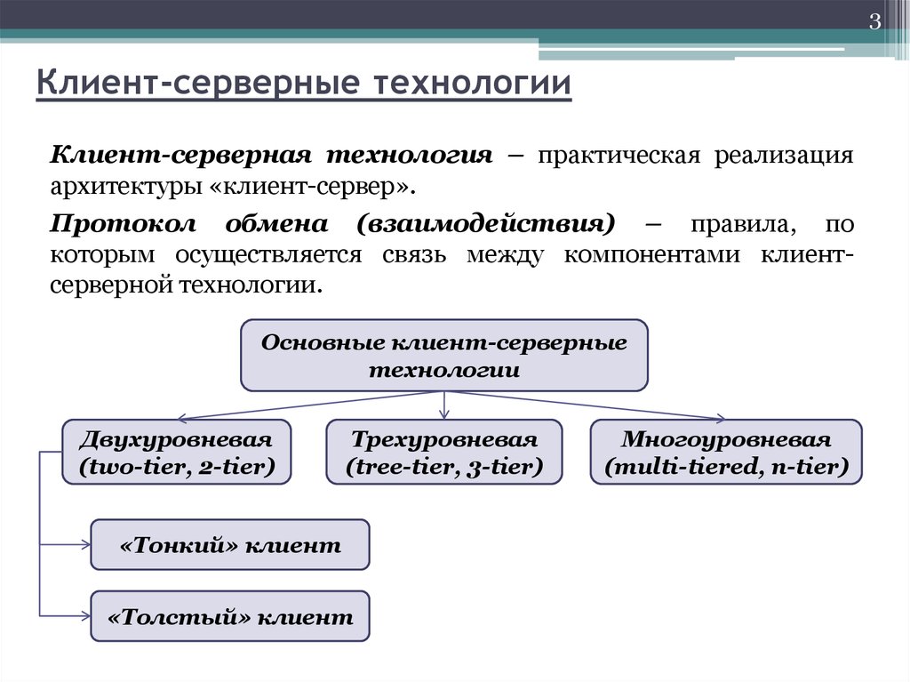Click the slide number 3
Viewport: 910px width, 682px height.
874,22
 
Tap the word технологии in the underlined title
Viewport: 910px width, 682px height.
472,82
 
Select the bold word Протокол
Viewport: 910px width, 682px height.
123,224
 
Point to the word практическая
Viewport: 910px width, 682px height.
619,156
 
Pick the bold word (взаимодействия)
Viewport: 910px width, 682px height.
485,224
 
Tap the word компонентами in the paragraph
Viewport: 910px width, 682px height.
652,255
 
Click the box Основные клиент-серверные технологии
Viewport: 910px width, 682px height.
444,355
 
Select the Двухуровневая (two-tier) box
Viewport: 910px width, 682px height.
177,452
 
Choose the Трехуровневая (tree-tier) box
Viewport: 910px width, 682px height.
444,452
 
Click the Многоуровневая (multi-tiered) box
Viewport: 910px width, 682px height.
726,452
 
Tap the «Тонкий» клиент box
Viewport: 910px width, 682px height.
230,545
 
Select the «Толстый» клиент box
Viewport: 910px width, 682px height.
230,616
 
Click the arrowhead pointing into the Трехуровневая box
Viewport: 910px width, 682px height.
444,415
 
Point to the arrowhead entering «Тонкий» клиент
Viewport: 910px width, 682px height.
86,545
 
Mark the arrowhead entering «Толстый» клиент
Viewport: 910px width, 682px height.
86,616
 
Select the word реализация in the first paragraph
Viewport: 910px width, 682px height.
784,156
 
